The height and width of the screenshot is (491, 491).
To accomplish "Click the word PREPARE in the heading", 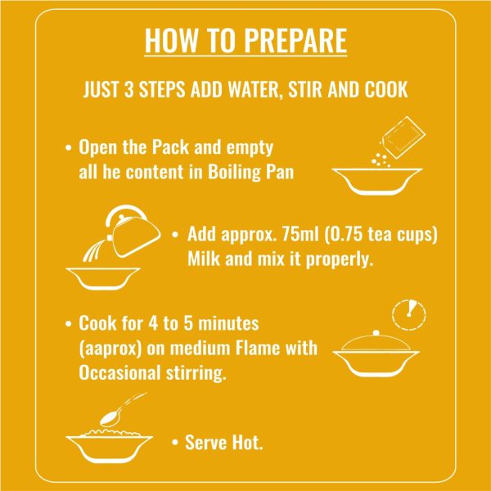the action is click(x=295, y=41).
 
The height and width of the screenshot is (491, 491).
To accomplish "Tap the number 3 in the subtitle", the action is click(x=129, y=89).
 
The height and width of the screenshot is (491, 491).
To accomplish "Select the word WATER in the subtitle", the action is click(x=254, y=90).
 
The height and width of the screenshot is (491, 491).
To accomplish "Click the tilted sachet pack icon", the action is click(x=403, y=137).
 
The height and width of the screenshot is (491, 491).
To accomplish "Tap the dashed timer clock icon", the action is click(x=409, y=314).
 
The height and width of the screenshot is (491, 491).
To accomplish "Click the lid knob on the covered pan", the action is click(x=376, y=332).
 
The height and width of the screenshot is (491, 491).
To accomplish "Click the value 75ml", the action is click(x=300, y=234).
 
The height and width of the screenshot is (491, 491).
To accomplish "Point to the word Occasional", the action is click(x=120, y=372).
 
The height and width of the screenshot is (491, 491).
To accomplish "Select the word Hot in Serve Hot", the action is click(x=247, y=443).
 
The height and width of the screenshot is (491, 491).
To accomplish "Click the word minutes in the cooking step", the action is click(x=228, y=323).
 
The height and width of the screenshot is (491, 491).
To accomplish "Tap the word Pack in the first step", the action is click(x=171, y=146).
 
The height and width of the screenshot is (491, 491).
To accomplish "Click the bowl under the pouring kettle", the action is click(x=103, y=279).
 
